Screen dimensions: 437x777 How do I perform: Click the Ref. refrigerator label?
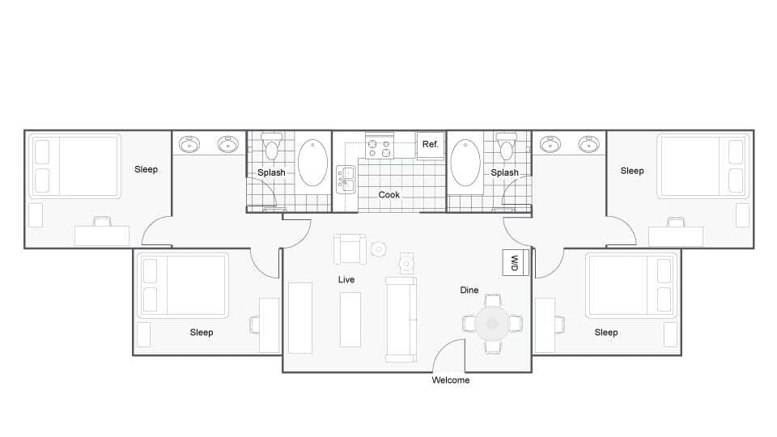click(x=431, y=144)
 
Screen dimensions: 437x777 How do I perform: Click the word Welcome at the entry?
click(x=450, y=380)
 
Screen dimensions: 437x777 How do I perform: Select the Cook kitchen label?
click(x=389, y=195)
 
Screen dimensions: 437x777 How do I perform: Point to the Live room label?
click(x=346, y=280)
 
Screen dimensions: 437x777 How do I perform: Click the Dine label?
click(x=469, y=290)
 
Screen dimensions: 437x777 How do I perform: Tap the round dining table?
click(x=491, y=324)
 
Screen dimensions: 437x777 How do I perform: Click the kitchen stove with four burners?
click(x=379, y=148)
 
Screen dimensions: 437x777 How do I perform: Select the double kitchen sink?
click(x=346, y=180)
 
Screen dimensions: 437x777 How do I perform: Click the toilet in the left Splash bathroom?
click(x=271, y=147)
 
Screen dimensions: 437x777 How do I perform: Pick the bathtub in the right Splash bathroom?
click(x=465, y=164)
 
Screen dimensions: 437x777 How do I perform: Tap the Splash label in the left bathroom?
click(x=271, y=172)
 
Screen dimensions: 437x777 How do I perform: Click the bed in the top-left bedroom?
click(x=74, y=166)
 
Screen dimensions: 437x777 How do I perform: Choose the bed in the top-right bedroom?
click(x=702, y=166)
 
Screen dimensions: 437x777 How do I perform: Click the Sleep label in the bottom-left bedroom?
click(x=202, y=333)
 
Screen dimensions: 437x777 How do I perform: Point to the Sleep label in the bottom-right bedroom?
click(x=606, y=333)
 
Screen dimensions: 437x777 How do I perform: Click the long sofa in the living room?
click(x=401, y=319)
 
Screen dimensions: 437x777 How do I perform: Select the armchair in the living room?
click(x=350, y=249)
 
